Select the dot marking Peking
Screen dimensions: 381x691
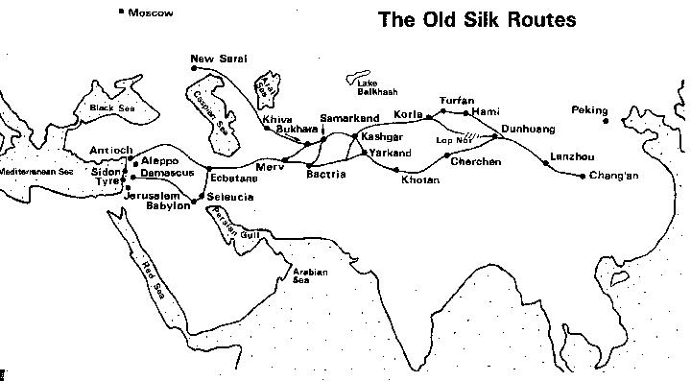click(x=607, y=121)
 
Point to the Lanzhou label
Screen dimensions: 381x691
click(x=572, y=156)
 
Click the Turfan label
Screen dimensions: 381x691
click(x=457, y=100)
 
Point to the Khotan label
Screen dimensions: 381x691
click(x=420, y=180)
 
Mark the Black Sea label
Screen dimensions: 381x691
click(x=109, y=108)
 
